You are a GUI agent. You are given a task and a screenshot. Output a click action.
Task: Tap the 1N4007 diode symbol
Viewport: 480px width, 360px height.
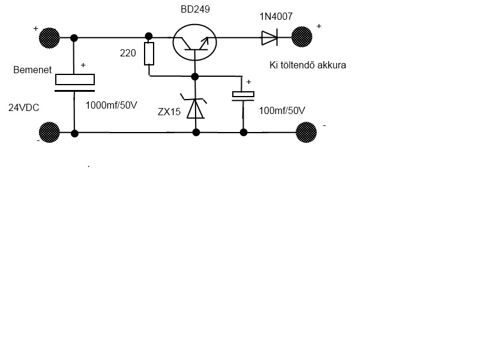(268, 38)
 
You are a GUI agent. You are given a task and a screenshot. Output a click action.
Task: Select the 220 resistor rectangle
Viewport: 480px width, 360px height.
(149, 53)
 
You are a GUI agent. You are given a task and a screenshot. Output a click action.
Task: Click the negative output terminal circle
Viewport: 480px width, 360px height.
(306, 132)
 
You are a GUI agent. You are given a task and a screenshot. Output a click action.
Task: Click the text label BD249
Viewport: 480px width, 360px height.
(195, 10)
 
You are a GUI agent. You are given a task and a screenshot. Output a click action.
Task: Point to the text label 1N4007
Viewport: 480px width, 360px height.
(276, 16)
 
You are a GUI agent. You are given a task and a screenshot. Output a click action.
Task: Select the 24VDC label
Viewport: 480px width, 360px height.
(23, 108)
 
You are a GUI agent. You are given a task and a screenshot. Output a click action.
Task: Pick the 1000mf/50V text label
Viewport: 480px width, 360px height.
(112, 105)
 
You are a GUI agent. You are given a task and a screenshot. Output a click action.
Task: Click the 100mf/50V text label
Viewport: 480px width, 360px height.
(282, 110)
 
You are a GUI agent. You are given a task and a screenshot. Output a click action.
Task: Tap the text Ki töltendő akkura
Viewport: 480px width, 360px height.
(308, 65)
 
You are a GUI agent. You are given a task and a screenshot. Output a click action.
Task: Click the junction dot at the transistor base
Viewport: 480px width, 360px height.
(195, 76)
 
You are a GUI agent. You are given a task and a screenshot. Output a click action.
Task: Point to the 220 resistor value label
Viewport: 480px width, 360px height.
(128, 53)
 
